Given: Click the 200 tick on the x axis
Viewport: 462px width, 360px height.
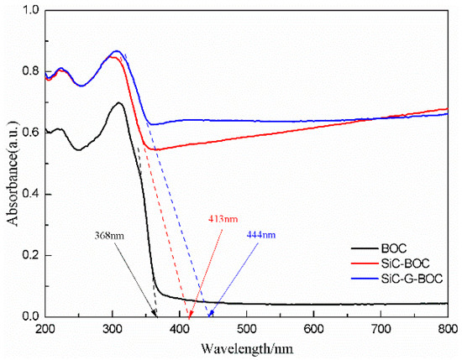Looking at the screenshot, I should (45, 328).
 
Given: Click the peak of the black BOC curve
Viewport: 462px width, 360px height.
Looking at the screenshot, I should (118, 103).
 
